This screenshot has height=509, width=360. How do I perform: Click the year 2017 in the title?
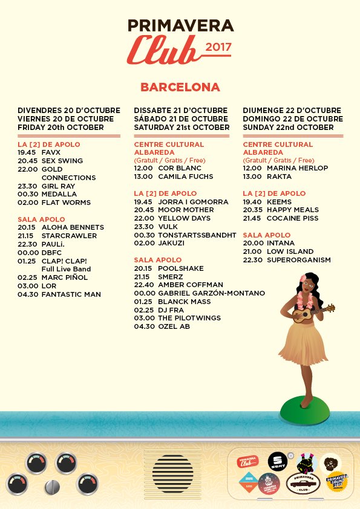219,47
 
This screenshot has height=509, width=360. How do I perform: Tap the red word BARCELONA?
180,87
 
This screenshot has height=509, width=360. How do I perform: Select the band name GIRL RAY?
58,186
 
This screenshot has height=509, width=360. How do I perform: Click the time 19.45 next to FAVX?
27,153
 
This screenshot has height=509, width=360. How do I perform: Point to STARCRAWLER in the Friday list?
69,236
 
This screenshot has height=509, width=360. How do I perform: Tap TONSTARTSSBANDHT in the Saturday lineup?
197,235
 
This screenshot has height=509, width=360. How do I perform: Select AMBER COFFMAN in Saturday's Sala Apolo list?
191,284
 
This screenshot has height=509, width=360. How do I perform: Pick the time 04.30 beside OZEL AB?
143,326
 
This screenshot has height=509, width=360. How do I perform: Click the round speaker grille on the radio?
172,472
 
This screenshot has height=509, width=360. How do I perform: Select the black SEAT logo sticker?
277,461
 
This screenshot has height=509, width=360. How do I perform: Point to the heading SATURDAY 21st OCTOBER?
182,128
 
